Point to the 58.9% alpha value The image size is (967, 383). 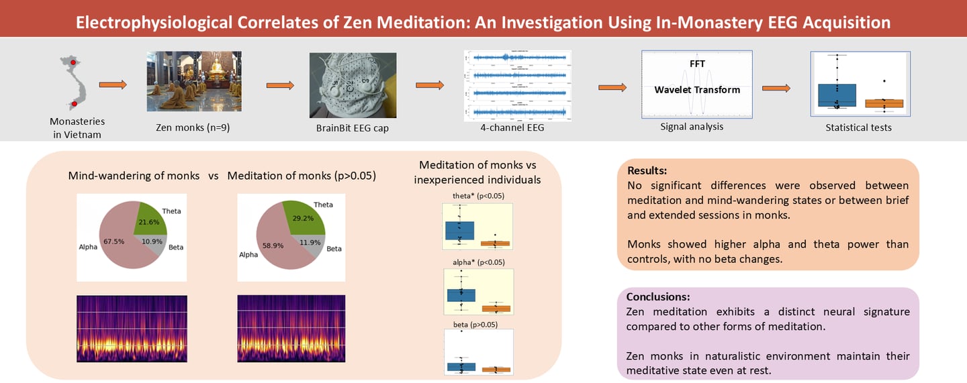[x=274, y=245]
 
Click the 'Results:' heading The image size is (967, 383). [x=647, y=170]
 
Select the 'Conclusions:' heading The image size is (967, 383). [x=658, y=296]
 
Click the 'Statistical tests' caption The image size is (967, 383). [x=858, y=127]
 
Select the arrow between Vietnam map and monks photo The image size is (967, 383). [x=113, y=85]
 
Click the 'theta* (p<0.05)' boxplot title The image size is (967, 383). [x=478, y=196]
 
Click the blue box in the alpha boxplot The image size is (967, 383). [x=461, y=295]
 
